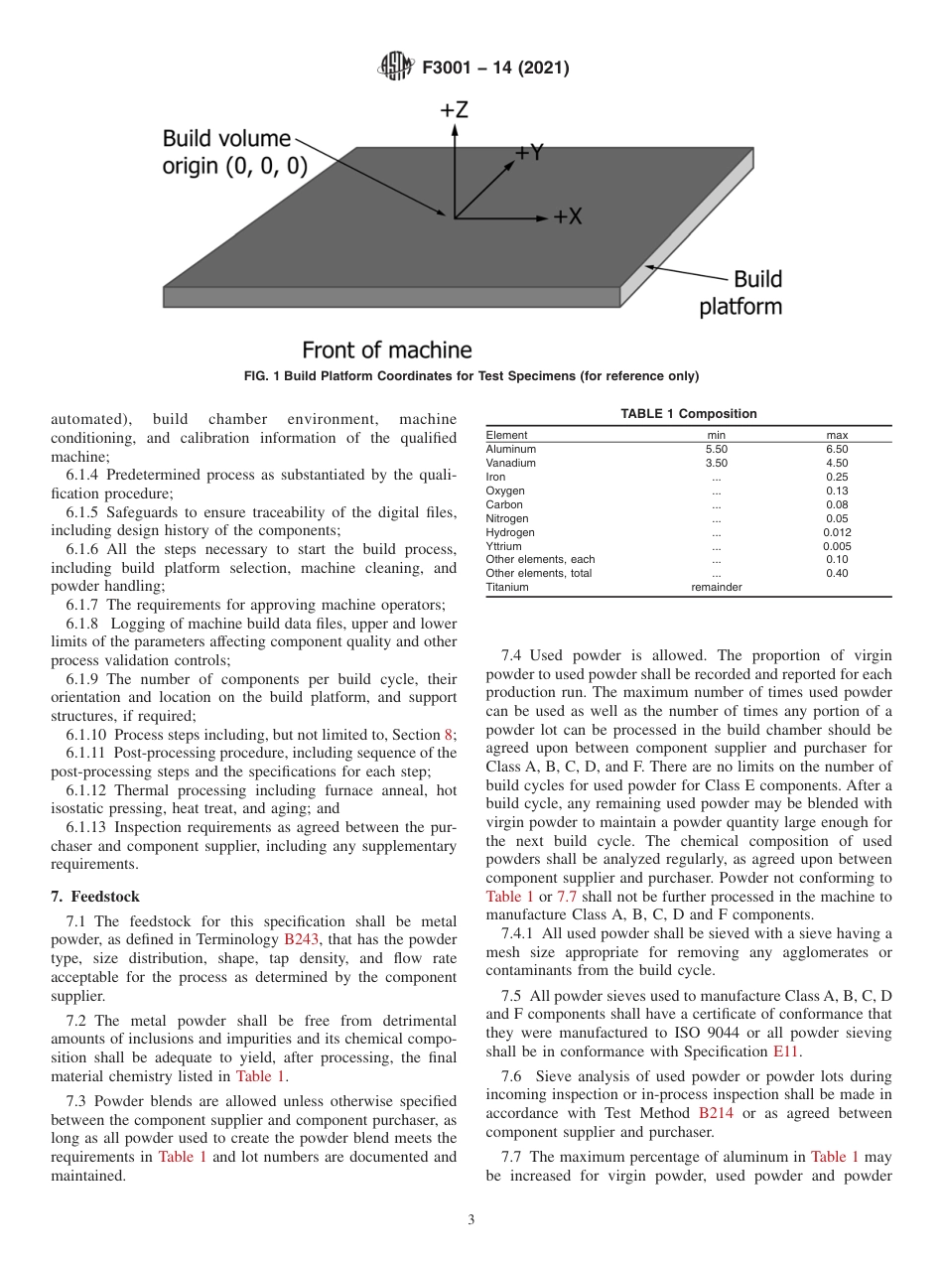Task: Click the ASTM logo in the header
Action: [x=396, y=68]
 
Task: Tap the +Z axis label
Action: [x=454, y=110]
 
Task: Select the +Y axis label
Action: [x=529, y=152]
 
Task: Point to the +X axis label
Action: [x=567, y=216]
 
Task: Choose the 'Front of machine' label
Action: [x=386, y=350]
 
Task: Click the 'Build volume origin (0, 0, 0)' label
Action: [x=234, y=152]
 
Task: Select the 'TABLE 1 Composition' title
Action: [x=689, y=414]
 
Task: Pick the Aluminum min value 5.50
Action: [x=716, y=449]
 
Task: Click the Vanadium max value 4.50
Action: [x=837, y=463]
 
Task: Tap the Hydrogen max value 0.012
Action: [x=837, y=532]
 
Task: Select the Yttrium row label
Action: [x=503, y=546]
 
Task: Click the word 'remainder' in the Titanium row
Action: [x=716, y=587]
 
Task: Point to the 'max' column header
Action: [x=837, y=435]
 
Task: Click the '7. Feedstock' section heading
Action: [x=95, y=897]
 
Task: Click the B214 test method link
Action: [x=716, y=1113]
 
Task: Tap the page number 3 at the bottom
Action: [x=471, y=1220]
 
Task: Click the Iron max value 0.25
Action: [x=837, y=477]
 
